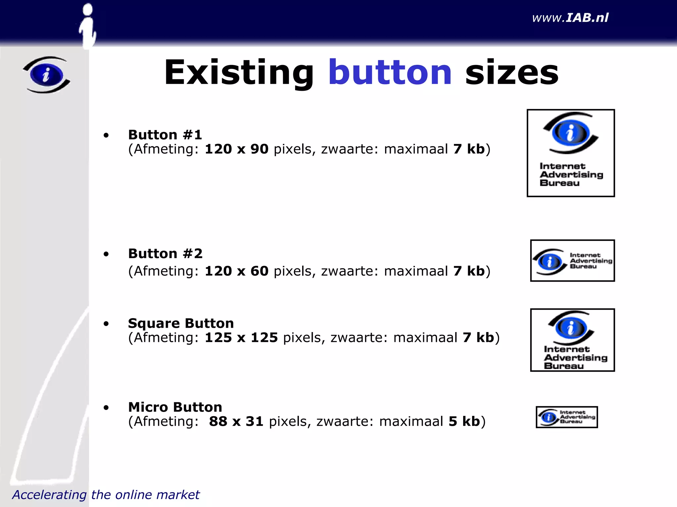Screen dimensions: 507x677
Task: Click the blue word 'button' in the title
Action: pos(390,72)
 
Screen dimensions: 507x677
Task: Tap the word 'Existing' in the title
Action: pos(239,72)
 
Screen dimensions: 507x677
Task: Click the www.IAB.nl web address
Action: pos(570,18)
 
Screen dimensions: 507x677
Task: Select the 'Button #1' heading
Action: pos(165,135)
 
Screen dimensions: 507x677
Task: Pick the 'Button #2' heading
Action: pos(165,253)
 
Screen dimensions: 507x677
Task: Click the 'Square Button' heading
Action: pos(181,323)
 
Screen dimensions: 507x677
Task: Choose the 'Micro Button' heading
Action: pos(175,407)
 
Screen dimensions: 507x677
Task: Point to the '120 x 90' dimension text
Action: pos(236,149)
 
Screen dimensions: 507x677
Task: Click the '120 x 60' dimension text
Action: pos(236,271)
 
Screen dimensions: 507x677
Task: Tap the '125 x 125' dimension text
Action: pos(241,338)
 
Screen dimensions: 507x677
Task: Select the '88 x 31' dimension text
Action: pos(236,422)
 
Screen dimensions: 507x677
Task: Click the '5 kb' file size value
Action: pos(464,422)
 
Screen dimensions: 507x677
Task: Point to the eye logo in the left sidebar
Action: pos(47,75)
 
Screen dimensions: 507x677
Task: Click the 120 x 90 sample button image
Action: pos(571,153)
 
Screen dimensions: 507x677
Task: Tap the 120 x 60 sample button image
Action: pos(572,260)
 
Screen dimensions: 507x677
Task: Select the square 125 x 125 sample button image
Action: pos(572,340)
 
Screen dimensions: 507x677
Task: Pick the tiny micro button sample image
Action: pos(567,417)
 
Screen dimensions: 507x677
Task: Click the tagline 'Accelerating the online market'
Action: pos(106,495)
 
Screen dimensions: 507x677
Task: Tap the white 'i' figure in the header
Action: pos(88,26)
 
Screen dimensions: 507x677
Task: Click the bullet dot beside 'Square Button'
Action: pos(106,324)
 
